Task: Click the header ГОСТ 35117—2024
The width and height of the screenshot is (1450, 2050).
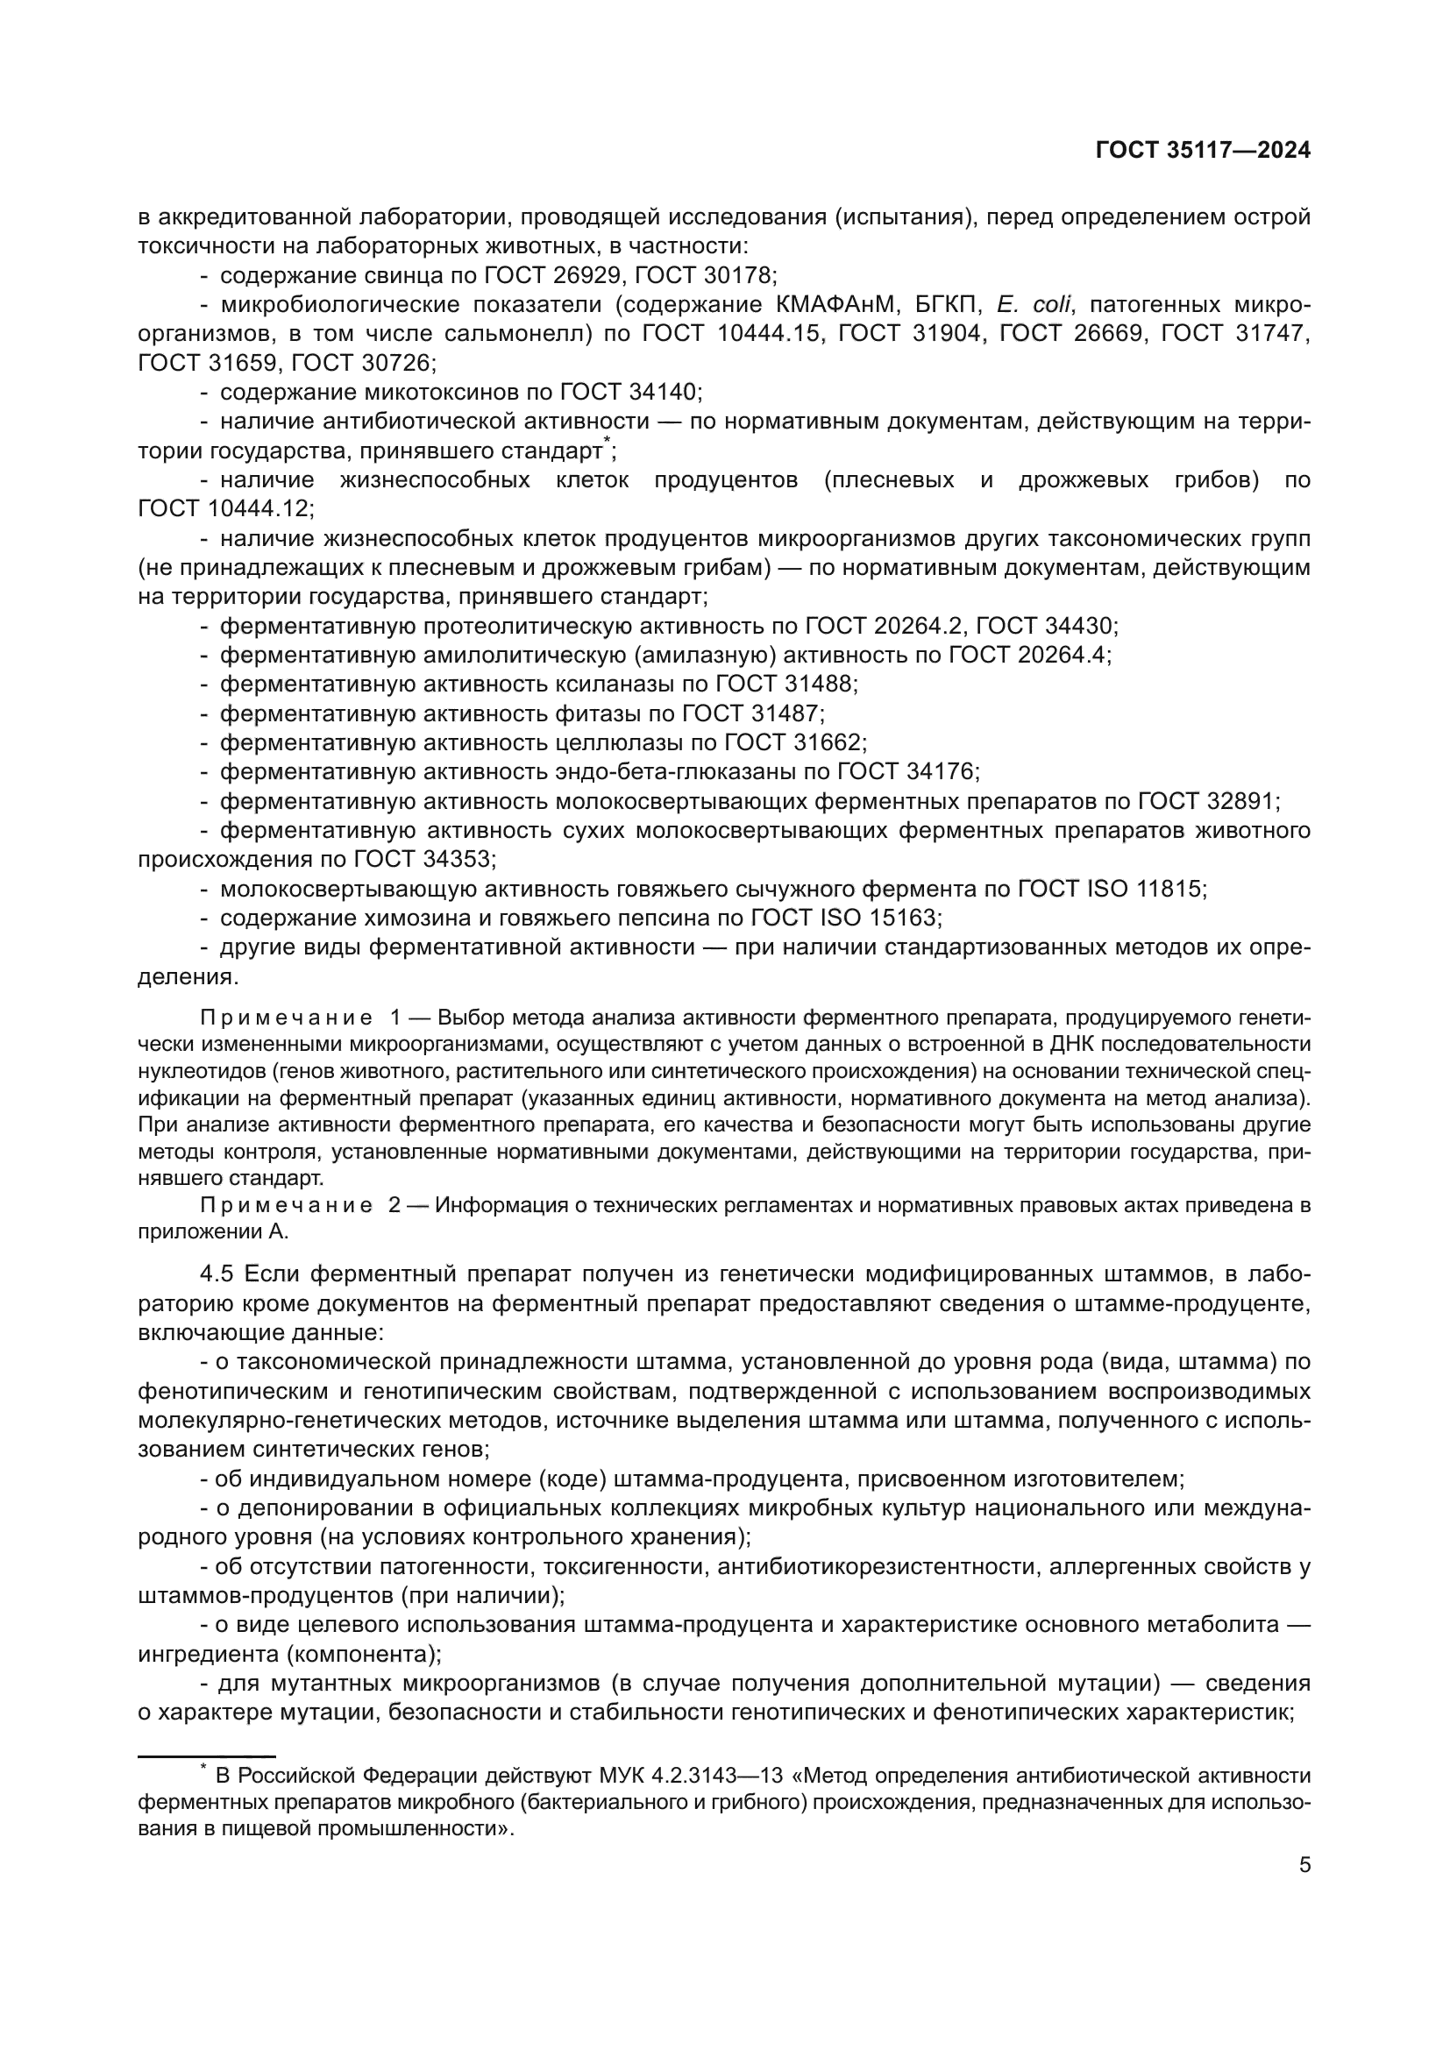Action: click(1203, 151)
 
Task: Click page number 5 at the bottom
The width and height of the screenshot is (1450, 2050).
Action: click(1304, 1865)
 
